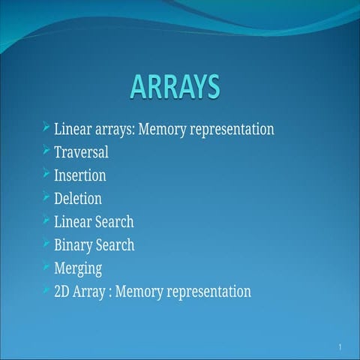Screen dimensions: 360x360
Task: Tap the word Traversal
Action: [x=81, y=152]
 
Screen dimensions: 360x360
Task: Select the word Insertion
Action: [x=79, y=175]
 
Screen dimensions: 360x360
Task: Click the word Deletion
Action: [x=78, y=199]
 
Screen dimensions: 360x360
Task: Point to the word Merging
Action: [x=78, y=268]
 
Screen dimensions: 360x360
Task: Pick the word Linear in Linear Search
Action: [x=73, y=222]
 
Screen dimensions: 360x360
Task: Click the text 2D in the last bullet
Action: [x=62, y=292]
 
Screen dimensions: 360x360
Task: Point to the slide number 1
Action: [x=340, y=347]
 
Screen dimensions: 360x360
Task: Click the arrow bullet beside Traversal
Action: [x=46, y=151]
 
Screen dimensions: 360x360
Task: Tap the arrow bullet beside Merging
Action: [x=46, y=266]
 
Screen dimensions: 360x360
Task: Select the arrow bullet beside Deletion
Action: [x=46, y=197]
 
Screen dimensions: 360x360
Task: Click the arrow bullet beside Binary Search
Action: [x=46, y=244]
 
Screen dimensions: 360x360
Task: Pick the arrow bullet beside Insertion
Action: [x=46, y=174]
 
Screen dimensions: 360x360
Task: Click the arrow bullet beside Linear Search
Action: [x=46, y=220]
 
